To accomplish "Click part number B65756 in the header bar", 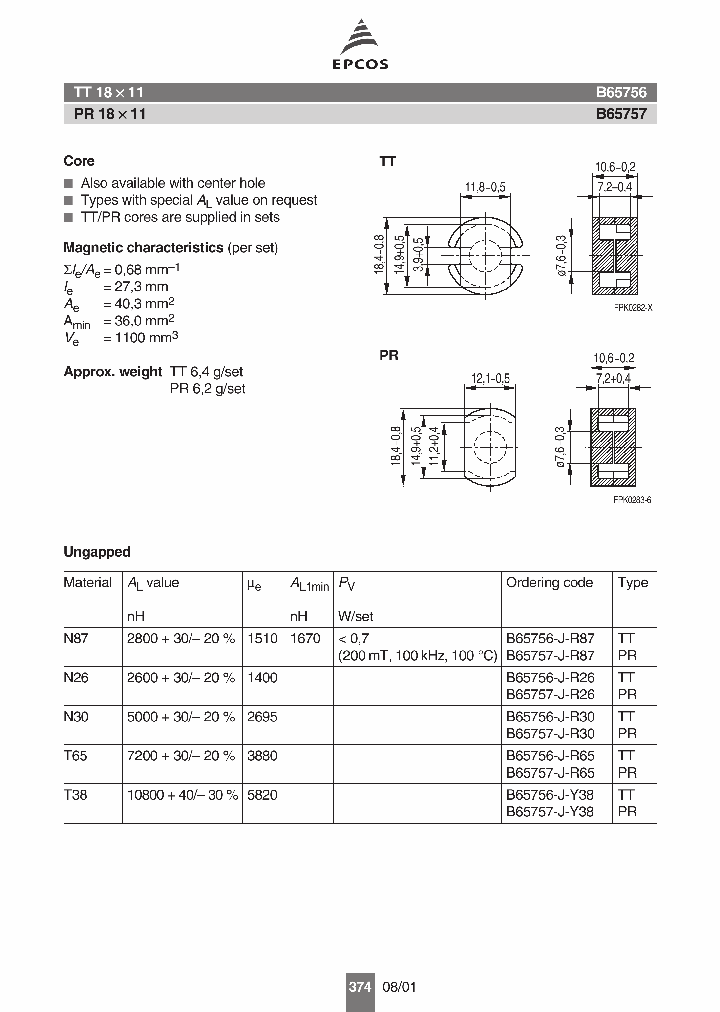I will [621, 92].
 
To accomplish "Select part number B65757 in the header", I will [621, 114].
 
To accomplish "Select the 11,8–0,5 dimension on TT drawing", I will [485, 186].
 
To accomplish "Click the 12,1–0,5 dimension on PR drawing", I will [489, 377].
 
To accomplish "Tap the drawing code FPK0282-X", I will [632, 308].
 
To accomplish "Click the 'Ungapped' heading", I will [97, 552].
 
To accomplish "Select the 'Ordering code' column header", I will [549, 583].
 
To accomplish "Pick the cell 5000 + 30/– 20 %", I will [181, 718].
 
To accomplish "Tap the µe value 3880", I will [262, 758].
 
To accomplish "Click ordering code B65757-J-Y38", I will [550, 813].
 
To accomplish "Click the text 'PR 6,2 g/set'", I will [207, 388].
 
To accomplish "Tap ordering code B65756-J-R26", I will [550, 678].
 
